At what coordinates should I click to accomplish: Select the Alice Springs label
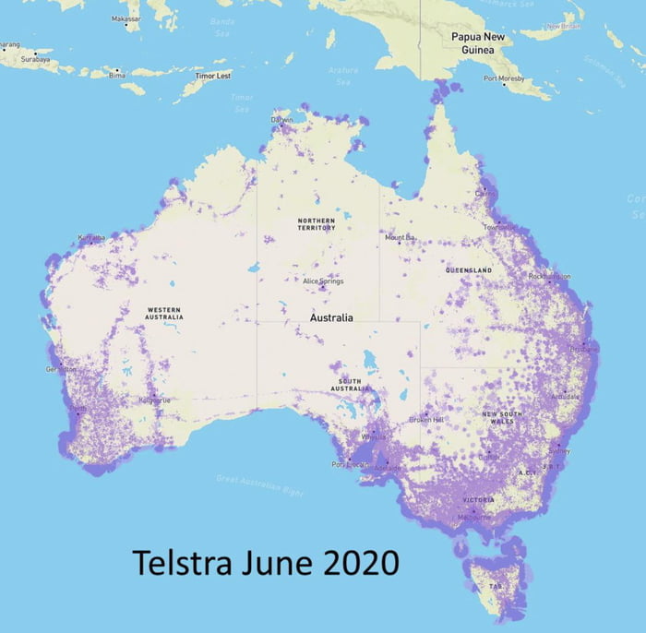click(323, 281)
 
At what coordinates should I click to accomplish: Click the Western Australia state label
click(163, 314)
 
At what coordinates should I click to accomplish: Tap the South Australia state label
click(350, 384)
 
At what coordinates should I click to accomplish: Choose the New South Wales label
click(503, 417)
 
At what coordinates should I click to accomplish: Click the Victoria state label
click(478, 500)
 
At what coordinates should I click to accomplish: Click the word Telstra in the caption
click(180, 561)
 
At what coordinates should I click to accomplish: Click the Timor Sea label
click(242, 102)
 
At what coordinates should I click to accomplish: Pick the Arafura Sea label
click(343, 75)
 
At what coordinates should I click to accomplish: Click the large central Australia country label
click(331, 318)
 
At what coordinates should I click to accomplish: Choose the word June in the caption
click(270, 561)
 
